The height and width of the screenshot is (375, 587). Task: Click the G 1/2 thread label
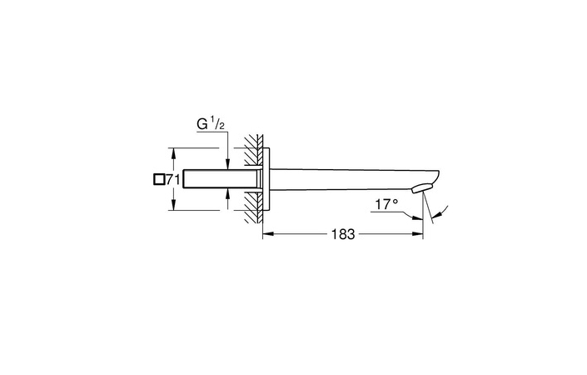[211, 123]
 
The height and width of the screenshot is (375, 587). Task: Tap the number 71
[173, 180]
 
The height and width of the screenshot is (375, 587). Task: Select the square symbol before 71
[159, 179]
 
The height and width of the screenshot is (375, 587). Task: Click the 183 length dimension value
[343, 234]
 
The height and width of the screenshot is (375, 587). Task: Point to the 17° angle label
[387, 204]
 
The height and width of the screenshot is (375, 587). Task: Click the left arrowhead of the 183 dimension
[268, 234]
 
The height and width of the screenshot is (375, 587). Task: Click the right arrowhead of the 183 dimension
[417, 234]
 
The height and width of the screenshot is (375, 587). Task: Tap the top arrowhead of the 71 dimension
[173, 153]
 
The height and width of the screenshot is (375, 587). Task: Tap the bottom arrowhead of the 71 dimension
[173, 204]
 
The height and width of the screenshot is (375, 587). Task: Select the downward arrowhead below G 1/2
[227, 164]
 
